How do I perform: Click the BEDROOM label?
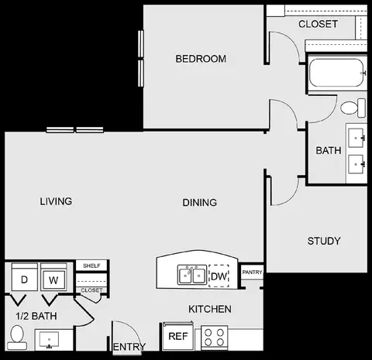pyautogui.click(x=201, y=59)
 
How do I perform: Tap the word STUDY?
pyautogui.click(x=324, y=241)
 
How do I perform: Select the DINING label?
pyautogui.click(x=200, y=203)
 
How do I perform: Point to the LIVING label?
pyautogui.click(x=56, y=201)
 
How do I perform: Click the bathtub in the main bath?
pyautogui.click(x=337, y=73)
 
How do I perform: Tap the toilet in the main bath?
pyautogui.click(x=353, y=108)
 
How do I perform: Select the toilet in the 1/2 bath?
pyautogui.click(x=17, y=338)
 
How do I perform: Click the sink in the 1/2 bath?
pyautogui.click(x=49, y=340)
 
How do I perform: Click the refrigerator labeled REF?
pyautogui.click(x=178, y=336)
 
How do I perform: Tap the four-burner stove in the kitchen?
pyautogui.click(x=214, y=338)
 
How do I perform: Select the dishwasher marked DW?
pyautogui.click(x=219, y=276)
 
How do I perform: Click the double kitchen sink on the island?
pyautogui.click(x=192, y=275)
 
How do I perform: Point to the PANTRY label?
pyautogui.click(x=252, y=272)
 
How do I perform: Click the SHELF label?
pyautogui.click(x=91, y=266)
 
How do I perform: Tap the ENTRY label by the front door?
pyautogui.click(x=129, y=347)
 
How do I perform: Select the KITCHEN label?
pyautogui.click(x=210, y=309)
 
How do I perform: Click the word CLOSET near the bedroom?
pyautogui.click(x=318, y=24)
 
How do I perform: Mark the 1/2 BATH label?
pyautogui.click(x=36, y=316)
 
